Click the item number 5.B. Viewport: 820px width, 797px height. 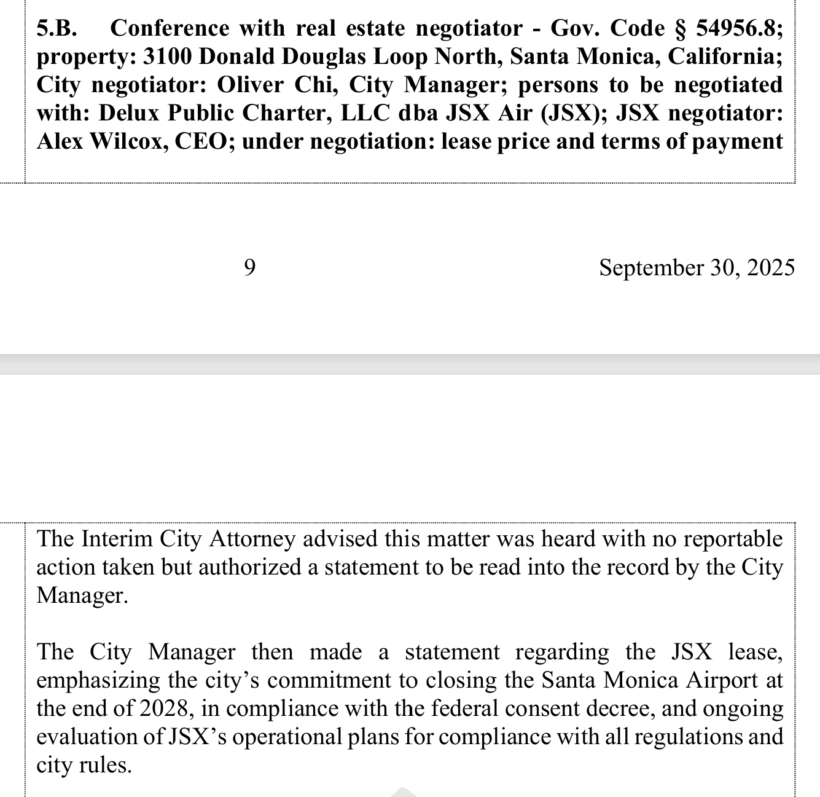pos(57,28)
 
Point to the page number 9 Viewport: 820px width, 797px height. pos(249,267)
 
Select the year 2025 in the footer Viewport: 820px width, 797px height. pos(771,267)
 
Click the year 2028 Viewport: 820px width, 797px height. pos(163,709)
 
